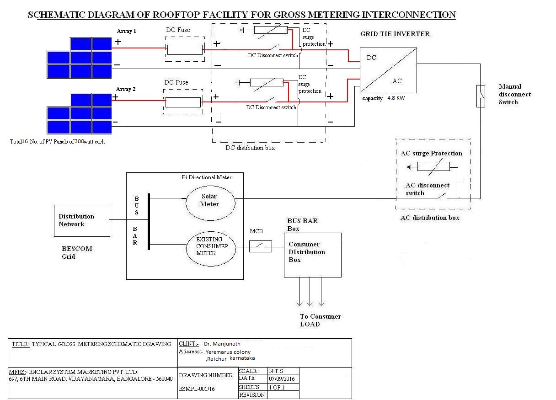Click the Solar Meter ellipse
[x=210, y=201]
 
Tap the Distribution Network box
[x=82, y=220]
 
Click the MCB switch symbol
[x=260, y=246]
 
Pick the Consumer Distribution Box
[x=312, y=255]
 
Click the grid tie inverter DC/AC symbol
[x=388, y=70]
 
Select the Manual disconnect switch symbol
[x=481, y=96]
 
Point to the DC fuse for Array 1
[x=184, y=49]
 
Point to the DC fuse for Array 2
[x=183, y=102]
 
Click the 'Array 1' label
[x=126, y=31]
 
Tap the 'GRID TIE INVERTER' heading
[x=395, y=34]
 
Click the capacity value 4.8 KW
[x=396, y=98]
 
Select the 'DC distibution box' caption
[x=250, y=148]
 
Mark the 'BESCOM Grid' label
[x=77, y=252]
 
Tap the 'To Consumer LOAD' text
[x=320, y=320]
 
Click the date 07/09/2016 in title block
[x=282, y=379]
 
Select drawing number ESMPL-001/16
[x=197, y=389]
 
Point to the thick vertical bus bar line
[x=149, y=222]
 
